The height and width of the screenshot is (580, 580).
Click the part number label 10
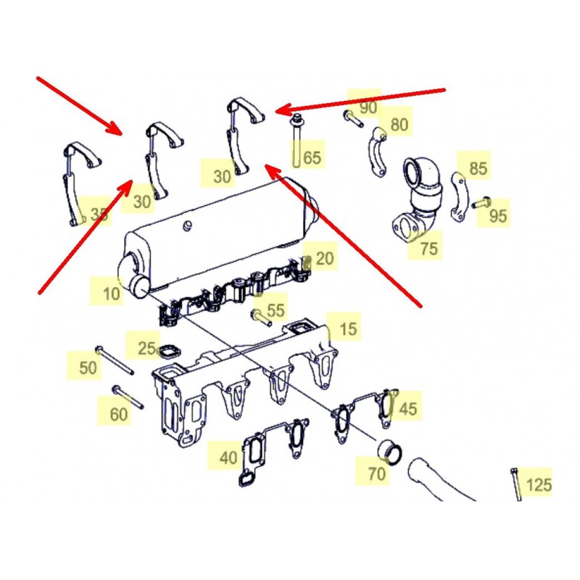[112, 294]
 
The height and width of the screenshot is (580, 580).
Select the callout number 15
[348, 329]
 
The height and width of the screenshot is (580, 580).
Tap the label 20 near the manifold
[325, 258]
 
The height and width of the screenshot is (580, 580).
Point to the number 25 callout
[146, 348]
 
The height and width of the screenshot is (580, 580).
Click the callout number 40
[228, 458]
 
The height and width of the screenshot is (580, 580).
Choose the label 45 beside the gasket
[408, 409]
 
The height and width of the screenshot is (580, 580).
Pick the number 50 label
[88, 368]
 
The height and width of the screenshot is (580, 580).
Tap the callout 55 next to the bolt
[275, 310]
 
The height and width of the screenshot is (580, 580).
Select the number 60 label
[119, 414]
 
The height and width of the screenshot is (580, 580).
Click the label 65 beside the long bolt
[312, 157]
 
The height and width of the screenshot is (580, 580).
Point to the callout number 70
[377, 473]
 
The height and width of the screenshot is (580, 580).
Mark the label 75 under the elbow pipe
[429, 248]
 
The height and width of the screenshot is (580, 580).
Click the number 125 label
[539, 484]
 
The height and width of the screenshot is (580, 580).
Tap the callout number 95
[498, 215]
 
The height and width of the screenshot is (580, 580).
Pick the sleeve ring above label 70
[389, 451]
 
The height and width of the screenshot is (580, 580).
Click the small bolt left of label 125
[515, 484]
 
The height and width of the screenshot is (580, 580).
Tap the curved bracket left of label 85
[459, 197]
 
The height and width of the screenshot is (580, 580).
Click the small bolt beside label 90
[353, 119]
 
